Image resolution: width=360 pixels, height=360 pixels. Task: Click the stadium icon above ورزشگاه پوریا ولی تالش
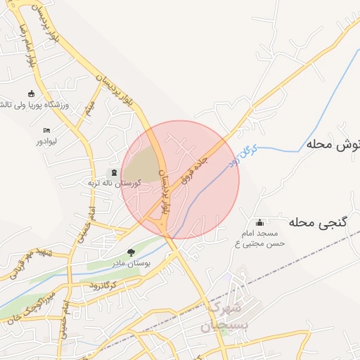point(31,94)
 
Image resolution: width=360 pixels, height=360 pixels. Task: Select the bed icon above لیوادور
point(46,131)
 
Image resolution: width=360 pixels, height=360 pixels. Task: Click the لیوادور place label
point(47,141)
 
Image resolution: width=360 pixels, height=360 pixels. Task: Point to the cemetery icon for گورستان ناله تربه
point(114,172)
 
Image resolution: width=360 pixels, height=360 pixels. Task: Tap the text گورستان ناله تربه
point(113,183)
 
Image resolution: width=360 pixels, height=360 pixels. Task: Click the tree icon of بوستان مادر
point(131,252)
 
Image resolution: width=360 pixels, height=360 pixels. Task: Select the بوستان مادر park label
point(129,263)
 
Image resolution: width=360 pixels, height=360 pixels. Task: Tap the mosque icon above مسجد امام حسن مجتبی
point(260,223)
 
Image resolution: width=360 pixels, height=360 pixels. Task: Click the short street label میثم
point(89,108)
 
